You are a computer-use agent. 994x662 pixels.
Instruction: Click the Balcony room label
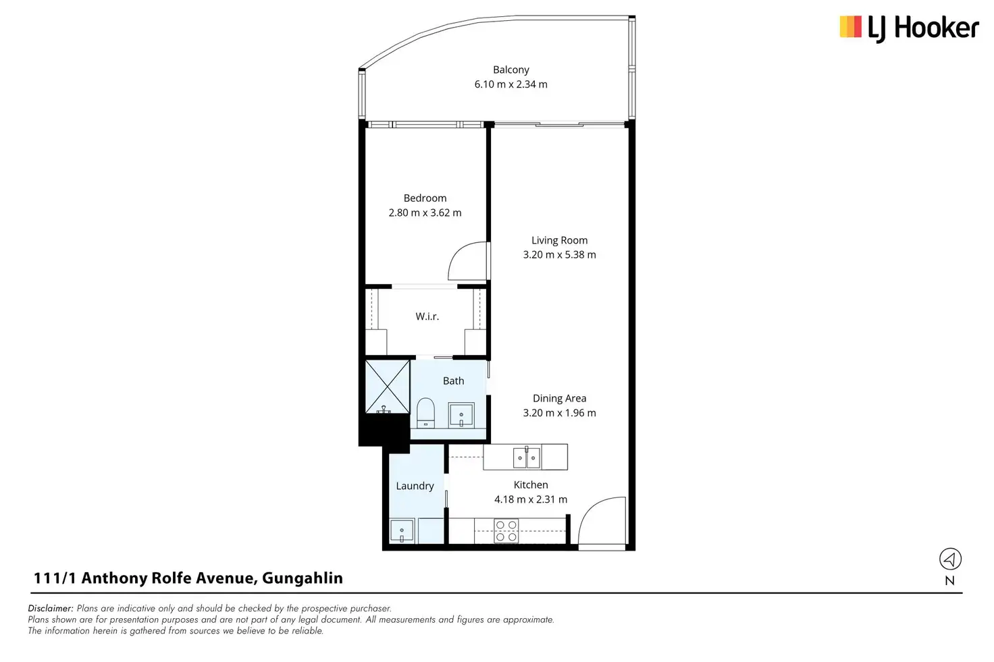tap(511, 70)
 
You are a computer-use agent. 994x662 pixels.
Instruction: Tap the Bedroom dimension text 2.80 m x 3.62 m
tap(425, 213)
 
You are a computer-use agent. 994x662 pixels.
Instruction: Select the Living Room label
tap(559, 240)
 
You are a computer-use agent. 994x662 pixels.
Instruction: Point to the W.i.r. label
tap(427, 316)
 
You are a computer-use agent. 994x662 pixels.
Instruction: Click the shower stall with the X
tap(387, 386)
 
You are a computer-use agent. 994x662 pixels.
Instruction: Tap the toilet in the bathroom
tap(425, 412)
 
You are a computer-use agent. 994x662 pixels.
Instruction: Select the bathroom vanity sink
tap(461, 415)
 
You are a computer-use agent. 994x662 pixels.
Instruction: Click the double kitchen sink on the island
tap(526, 458)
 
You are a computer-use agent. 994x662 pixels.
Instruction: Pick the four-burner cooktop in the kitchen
tap(506, 531)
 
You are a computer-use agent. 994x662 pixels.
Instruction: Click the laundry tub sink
tap(402, 531)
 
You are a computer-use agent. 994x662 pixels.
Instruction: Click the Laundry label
tap(415, 486)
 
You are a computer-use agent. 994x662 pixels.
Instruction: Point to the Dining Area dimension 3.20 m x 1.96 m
tap(559, 413)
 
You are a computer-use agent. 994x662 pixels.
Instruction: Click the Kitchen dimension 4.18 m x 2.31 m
tap(531, 499)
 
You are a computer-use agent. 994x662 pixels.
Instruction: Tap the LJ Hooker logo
tap(909, 28)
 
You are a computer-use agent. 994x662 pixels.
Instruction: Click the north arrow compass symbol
tap(950, 559)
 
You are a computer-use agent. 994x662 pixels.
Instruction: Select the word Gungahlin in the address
tap(303, 578)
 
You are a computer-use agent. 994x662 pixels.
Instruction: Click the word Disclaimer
tap(51, 608)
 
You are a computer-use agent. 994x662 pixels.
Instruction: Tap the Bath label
tap(453, 381)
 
